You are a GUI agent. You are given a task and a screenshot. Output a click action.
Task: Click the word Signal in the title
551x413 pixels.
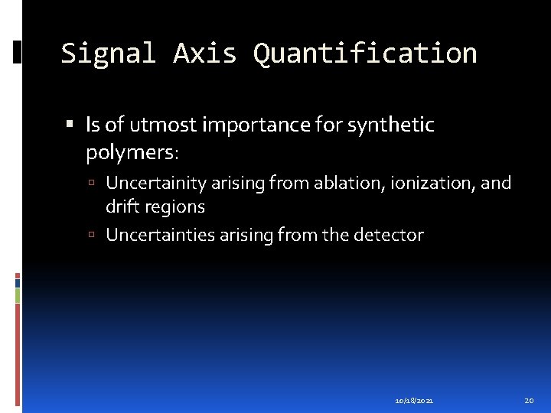pyautogui.click(x=108, y=54)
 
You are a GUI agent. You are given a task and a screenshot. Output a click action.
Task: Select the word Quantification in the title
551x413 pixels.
pyautogui.click(x=365, y=54)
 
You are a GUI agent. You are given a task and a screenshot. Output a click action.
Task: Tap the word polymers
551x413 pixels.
pyautogui.click(x=131, y=153)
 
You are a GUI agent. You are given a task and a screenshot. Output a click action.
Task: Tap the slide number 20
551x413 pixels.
pyautogui.click(x=529, y=400)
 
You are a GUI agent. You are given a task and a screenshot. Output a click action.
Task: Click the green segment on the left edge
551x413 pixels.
pyautogui.click(x=17, y=295)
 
